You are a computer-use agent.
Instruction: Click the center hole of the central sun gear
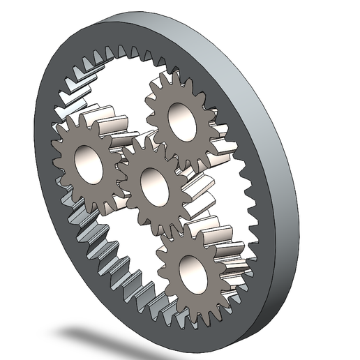(153, 186)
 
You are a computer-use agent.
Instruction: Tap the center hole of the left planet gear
(89, 163)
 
